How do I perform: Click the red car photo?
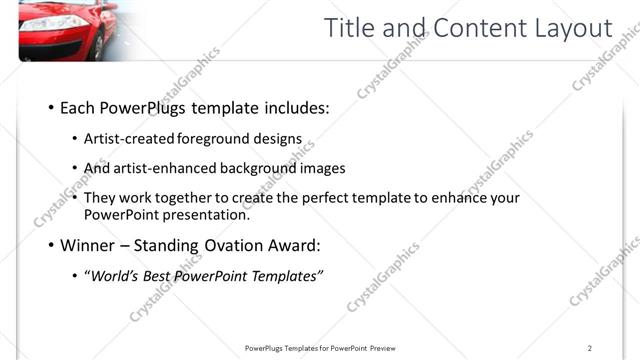[70, 30]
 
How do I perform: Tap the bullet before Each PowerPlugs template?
[51, 108]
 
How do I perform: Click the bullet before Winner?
[51, 244]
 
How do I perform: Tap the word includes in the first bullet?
[298, 108]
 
